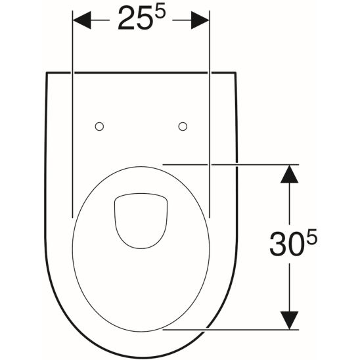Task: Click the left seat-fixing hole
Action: click(100, 125)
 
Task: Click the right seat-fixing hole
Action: click(183, 125)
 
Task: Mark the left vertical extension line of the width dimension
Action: click(71, 131)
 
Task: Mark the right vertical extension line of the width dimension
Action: click(210, 131)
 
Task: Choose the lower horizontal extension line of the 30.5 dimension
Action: click(230, 330)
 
